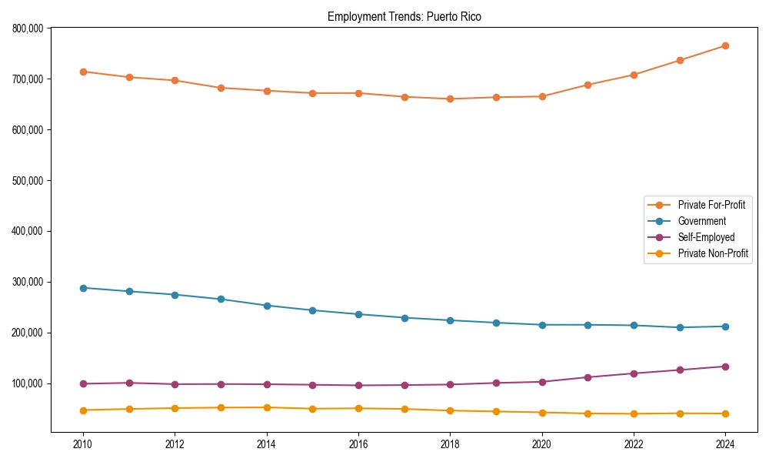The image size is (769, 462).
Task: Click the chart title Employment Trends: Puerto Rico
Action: click(404, 16)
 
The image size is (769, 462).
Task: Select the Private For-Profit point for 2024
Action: click(725, 45)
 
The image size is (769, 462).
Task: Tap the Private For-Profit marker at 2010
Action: click(83, 72)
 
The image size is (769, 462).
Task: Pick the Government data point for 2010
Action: click(83, 288)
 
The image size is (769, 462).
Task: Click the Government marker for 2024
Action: click(725, 326)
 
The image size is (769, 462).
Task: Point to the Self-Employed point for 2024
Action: click(725, 367)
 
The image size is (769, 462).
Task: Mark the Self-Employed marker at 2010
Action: click(83, 383)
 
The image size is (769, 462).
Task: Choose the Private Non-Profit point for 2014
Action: click(267, 407)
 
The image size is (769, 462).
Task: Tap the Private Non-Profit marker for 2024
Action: click(725, 413)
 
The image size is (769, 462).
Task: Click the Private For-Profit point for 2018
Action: click(450, 99)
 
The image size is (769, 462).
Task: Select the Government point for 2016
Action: click(358, 314)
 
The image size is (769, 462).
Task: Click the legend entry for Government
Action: click(701, 221)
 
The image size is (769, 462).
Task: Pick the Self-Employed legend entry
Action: click(706, 237)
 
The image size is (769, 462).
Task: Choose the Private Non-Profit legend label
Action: click(713, 253)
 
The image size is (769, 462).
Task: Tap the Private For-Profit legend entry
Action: click(711, 205)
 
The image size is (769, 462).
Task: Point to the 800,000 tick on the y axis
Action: click(29, 28)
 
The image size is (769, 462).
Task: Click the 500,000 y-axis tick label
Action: click(29, 180)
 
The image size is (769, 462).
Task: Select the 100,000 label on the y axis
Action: click(29, 383)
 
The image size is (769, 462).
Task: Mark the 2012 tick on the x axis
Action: click(175, 444)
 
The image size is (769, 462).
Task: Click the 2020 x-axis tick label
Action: click(541, 444)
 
